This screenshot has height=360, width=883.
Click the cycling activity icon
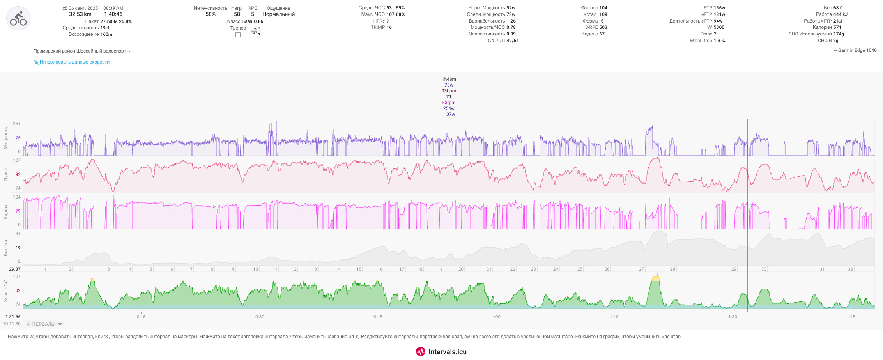point(18,18)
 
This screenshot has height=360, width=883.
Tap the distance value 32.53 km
point(80,14)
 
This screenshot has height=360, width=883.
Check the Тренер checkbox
point(238,35)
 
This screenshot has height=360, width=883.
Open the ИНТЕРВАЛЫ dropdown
point(44,324)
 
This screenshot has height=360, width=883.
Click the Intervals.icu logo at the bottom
point(441,351)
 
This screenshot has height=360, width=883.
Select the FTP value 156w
point(720,8)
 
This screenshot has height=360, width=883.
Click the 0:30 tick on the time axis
point(260,317)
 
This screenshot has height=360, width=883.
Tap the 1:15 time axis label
point(614,317)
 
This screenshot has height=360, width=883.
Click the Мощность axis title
point(6,138)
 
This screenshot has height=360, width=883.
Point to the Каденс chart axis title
point(6,211)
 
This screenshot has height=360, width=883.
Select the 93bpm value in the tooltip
point(449,91)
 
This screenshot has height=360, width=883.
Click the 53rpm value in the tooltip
point(449,103)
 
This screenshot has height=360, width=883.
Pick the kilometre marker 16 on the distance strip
point(380,269)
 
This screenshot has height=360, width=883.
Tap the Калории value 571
point(837,27)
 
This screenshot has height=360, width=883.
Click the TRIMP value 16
point(389,27)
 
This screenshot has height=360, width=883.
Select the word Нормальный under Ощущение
point(278,14)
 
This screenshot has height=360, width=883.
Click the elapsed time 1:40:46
point(113,14)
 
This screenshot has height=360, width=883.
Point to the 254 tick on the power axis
point(17,124)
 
